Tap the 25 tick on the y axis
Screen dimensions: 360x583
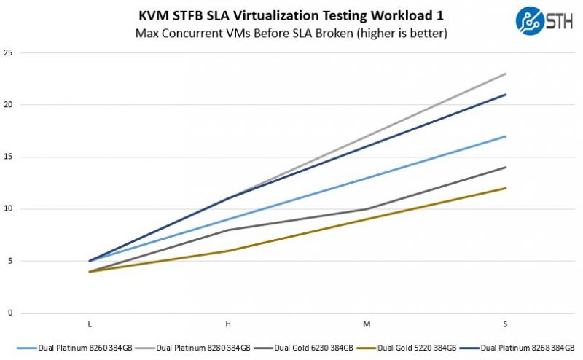pyautogui.click(x=9, y=52)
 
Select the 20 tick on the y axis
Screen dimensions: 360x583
pyautogui.click(x=9, y=105)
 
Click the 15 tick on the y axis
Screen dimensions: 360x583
pyautogui.click(x=9, y=157)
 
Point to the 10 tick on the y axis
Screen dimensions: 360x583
pyautogui.click(x=9, y=209)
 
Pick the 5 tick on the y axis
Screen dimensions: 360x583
pyautogui.click(x=10, y=261)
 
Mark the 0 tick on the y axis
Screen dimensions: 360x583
pyautogui.click(x=10, y=313)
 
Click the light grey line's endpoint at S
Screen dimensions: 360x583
pyautogui.click(x=506, y=74)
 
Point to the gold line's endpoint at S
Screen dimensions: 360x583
pyautogui.click(x=506, y=188)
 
